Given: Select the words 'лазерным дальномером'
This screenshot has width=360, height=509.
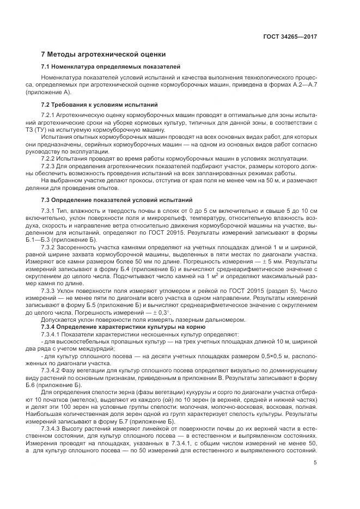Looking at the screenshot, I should pyautogui.click(x=178, y=320).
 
